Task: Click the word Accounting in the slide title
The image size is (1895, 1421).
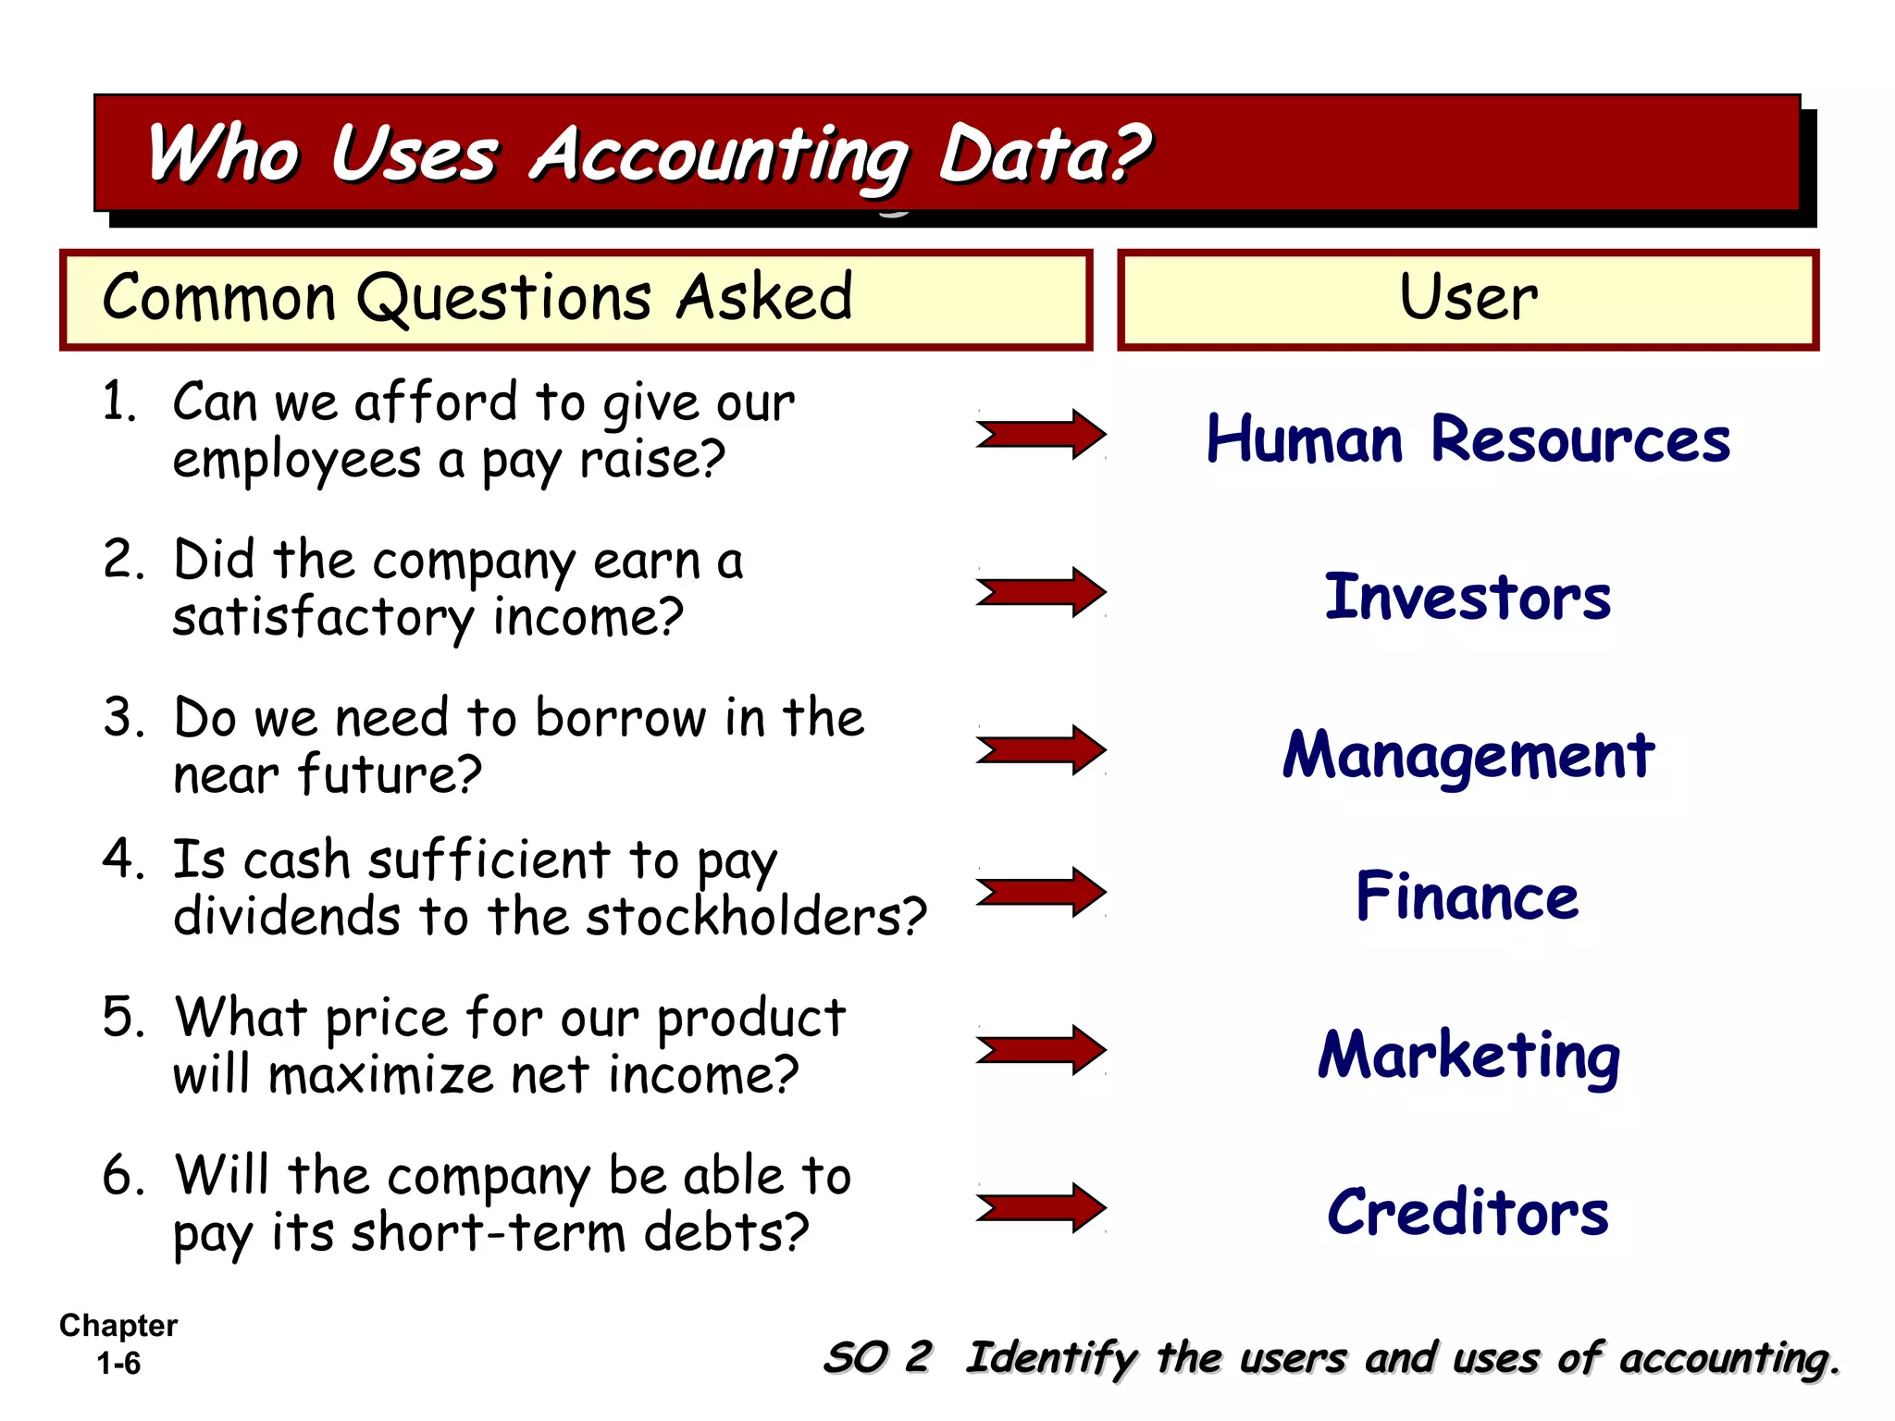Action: click(720, 155)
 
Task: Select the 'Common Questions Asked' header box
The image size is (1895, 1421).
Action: click(576, 299)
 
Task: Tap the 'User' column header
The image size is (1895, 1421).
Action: click(1468, 299)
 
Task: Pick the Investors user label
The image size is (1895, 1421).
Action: click(1468, 597)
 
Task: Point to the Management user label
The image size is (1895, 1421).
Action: click(1468, 755)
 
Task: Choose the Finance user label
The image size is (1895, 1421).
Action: click(1468, 896)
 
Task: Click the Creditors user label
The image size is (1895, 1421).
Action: click(1468, 1212)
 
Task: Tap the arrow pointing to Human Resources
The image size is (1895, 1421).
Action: click(1041, 434)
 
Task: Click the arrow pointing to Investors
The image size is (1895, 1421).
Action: click(1041, 592)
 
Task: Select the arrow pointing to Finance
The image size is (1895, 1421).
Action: click(1041, 892)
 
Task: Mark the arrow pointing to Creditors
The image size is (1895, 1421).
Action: click(1041, 1207)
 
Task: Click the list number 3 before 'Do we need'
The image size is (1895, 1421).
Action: click(123, 718)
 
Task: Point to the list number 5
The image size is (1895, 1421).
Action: click(123, 1018)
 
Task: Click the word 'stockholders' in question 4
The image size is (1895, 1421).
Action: click(755, 917)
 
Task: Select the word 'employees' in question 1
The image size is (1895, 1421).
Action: click(296, 461)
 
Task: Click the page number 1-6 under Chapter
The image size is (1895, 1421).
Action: click(118, 1364)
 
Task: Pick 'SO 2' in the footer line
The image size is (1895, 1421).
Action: click(877, 1358)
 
